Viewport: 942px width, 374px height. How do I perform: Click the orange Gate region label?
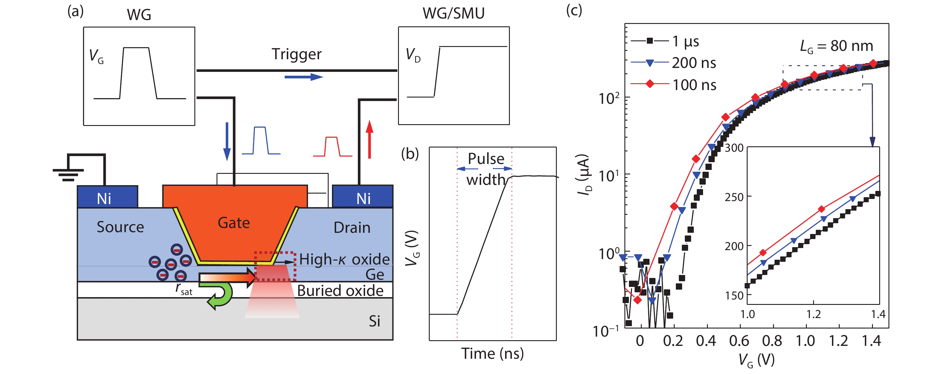pyautogui.click(x=234, y=223)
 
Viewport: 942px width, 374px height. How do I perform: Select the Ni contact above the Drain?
pyautogui.click(x=363, y=197)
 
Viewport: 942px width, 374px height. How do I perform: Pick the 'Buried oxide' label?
pyautogui.click(x=340, y=291)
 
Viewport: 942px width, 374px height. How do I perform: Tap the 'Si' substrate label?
pyautogui.click(x=374, y=321)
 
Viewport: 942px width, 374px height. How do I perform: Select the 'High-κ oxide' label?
pyautogui.click(x=344, y=259)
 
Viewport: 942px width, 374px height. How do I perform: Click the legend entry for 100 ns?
pyautogui.click(x=694, y=85)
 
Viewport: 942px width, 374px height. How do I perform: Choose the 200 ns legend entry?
pyautogui.click(x=694, y=63)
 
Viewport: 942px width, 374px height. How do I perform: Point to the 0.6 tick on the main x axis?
pyautogui.click(x=739, y=340)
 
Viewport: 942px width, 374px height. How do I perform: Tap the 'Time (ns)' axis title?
pyautogui.click(x=492, y=354)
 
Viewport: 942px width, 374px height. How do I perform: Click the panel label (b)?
pyautogui.click(x=410, y=154)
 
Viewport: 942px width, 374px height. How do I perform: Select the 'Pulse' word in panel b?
pyautogui.click(x=486, y=159)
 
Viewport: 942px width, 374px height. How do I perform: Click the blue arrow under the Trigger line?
pyautogui.click(x=304, y=77)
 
